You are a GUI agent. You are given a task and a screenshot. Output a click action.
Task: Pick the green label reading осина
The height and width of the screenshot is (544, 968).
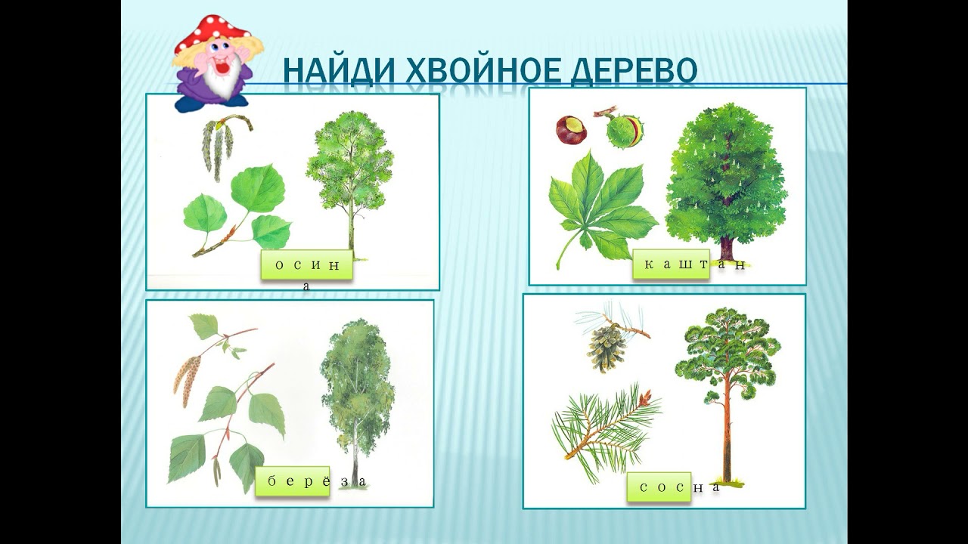click(306, 264)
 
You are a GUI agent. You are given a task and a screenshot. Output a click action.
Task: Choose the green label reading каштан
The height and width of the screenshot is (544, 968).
click(671, 264)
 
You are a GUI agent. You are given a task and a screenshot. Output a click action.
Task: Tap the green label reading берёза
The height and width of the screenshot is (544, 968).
click(292, 481)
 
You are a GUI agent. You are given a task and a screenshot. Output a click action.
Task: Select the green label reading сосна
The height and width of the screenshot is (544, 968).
click(659, 487)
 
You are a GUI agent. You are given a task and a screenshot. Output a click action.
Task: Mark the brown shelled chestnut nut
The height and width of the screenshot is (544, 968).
click(570, 129)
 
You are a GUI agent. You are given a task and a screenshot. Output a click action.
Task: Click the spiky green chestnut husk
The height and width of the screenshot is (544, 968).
click(625, 129)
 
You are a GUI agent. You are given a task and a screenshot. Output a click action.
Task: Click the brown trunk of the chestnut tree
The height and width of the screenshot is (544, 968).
click(728, 249)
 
